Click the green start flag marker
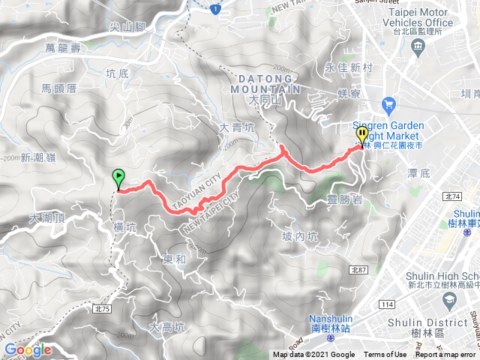118,178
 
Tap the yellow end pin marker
363,136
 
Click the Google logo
27,349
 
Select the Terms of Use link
385,355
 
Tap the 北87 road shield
356,268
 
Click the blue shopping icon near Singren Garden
388,103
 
